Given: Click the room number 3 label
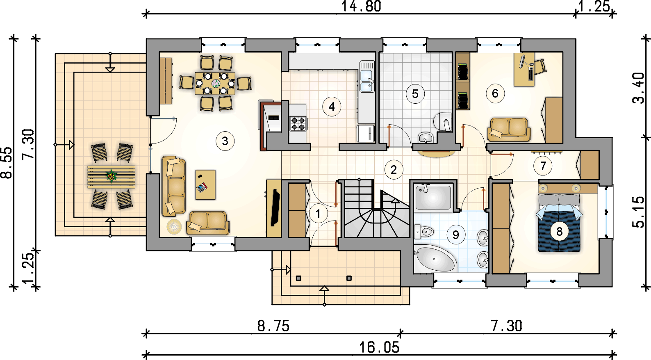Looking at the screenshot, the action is pos(225,141).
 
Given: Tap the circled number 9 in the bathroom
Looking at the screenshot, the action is pos(455,235).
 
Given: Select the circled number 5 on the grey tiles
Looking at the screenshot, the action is pos(415,93).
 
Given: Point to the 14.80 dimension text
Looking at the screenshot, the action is pos(361,7).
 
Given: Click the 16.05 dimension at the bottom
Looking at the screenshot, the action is pos(379,348).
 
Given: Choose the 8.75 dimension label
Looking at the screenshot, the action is pos(273,326).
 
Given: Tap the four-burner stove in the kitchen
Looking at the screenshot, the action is pos(298,123).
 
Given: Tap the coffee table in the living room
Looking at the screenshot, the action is pos(205,185).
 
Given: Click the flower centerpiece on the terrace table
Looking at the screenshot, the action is pos(112,176).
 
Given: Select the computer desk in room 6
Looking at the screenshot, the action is pos(524,70).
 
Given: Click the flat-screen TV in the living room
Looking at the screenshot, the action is pos(275,207).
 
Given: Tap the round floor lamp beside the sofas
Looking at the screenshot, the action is pos(174,226).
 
